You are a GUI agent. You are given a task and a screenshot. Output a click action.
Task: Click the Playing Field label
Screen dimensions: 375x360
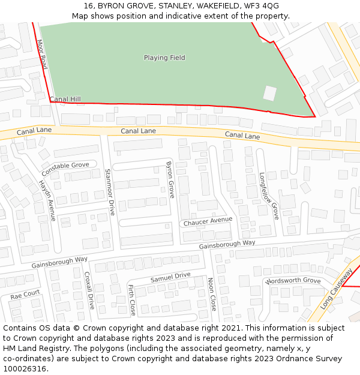coord(164,58)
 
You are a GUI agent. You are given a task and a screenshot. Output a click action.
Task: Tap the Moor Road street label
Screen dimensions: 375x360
coord(42,54)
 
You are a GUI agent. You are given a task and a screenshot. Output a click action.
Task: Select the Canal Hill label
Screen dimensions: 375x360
coord(65,99)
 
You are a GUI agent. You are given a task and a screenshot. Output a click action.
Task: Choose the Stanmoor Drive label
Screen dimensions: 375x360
coord(109,192)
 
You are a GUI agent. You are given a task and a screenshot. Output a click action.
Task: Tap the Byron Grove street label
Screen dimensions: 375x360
coord(170,179)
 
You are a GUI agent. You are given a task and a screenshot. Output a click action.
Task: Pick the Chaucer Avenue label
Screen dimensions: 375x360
coord(208,221)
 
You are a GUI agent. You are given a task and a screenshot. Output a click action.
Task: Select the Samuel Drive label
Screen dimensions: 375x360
coord(170,277)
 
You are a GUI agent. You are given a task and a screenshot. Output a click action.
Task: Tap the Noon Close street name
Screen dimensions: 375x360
coord(211,294)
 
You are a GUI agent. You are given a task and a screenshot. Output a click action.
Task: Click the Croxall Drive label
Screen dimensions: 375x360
coord(89,290)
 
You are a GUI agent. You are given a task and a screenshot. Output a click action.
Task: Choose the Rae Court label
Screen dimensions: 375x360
coord(25,295)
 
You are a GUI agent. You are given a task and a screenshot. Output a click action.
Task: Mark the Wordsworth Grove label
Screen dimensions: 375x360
coord(293,281)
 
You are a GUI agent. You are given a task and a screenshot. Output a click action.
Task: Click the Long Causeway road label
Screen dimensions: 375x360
coord(336,288)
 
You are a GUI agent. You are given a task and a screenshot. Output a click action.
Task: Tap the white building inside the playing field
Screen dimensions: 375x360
coord(270,93)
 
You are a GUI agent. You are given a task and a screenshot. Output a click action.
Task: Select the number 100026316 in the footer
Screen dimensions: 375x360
coord(25,368)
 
